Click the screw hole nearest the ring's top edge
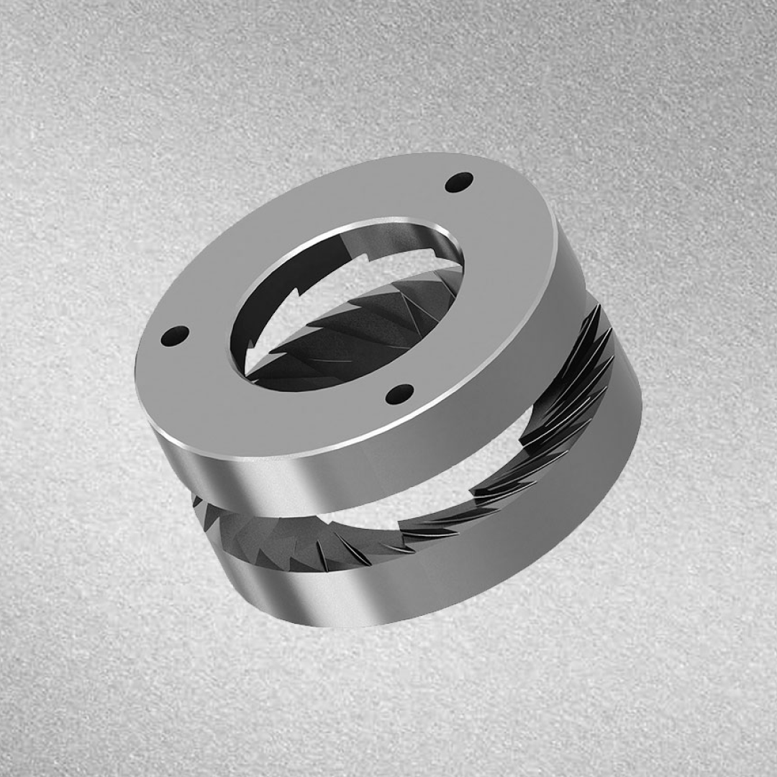coord(459,182)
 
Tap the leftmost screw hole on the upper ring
coord(175,335)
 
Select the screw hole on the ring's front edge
coord(400,394)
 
